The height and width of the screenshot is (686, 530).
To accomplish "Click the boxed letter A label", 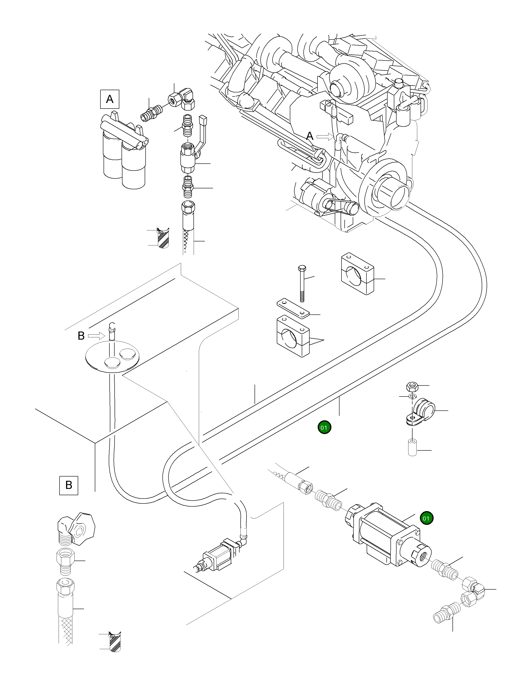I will click(x=110, y=99).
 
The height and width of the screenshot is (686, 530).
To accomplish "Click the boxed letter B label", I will click(x=69, y=485).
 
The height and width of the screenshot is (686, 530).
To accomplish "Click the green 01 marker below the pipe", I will click(x=324, y=428).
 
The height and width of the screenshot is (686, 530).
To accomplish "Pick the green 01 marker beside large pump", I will click(x=426, y=518).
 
